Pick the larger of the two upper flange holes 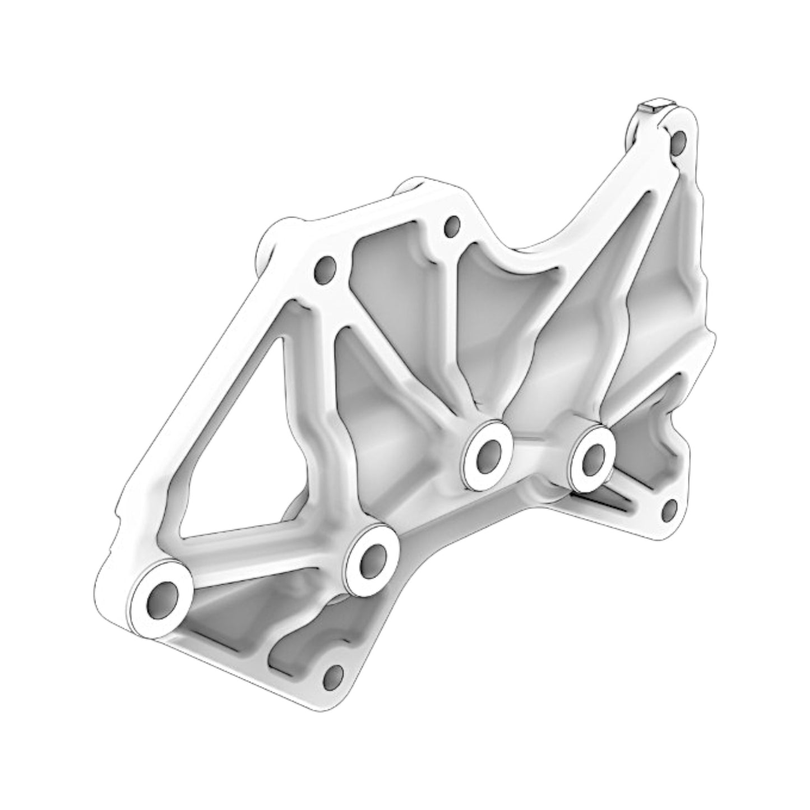325,270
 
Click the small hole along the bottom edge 334,677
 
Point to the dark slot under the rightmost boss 605,502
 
